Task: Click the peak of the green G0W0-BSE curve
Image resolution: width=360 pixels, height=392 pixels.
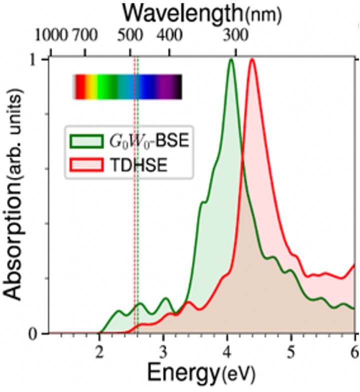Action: pos(231,60)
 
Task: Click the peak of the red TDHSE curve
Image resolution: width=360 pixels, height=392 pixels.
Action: pos(252,60)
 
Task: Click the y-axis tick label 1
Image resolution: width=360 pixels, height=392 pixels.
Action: pos(38,59)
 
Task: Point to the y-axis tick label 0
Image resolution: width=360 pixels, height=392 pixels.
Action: pos(38,333)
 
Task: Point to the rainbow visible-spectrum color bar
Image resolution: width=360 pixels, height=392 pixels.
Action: pos(127,87)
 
